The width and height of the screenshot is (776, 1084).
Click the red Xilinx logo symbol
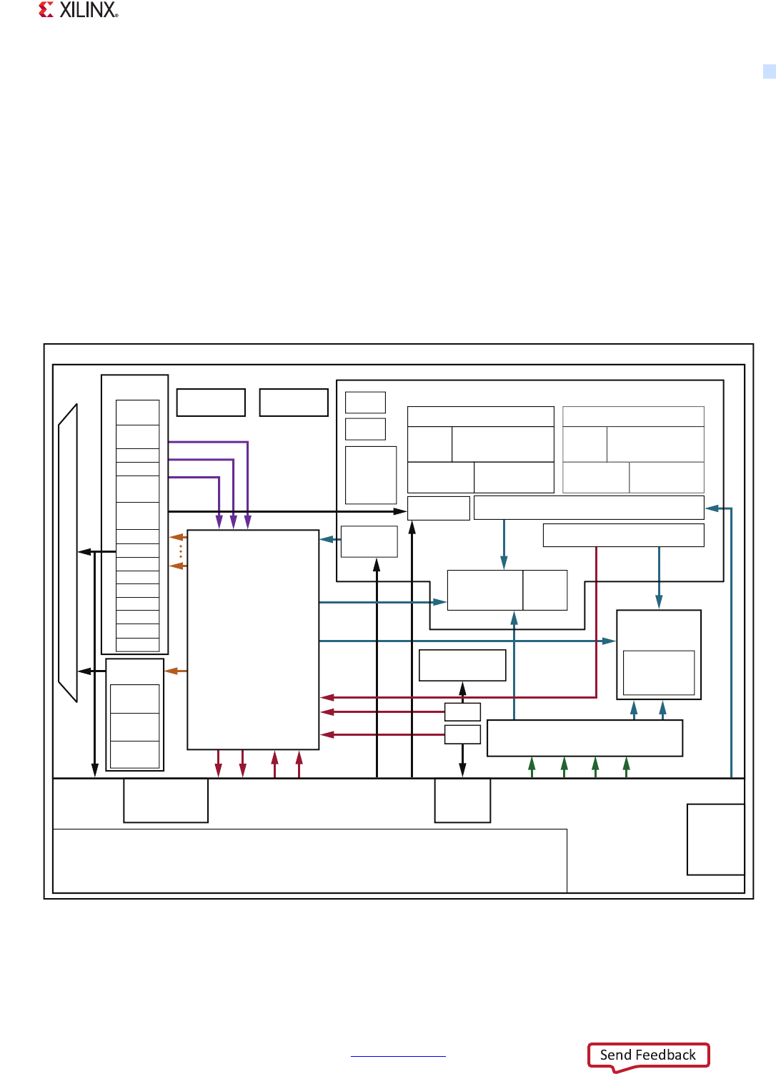click(x=46, y=10)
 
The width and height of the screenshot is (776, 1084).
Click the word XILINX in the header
click(x=88, y=10)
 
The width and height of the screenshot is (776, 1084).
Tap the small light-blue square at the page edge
click(x=769, y=71)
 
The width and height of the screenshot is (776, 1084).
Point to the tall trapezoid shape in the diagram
click(x=68, y=553)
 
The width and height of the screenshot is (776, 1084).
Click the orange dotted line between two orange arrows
click(x=181, y=551)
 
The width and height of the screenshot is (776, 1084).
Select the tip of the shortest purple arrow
click(x=219, y=525)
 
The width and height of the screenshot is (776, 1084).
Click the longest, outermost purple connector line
click(x=247, y=472)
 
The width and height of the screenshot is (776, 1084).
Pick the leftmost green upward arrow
click(x=532, y=765)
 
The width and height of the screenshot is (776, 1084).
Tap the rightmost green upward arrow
click(x=627, y=765)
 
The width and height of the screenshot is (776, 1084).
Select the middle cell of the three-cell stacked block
click(x=135, y=726)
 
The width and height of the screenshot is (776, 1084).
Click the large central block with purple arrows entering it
click(x=253, y=639)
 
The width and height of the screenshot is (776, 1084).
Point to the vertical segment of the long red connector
click(x=596, y=622)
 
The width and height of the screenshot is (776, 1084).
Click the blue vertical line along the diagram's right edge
click(x=731, y=644)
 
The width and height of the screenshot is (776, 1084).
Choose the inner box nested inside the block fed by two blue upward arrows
click(x=659, y=672)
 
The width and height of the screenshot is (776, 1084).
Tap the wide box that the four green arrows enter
click(x=585, y=738)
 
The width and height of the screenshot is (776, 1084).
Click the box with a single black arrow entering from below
click(x=462, y=665)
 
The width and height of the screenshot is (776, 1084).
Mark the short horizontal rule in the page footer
click(x=398, y=1056)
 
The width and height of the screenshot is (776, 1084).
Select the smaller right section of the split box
click(x=545, y=590)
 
